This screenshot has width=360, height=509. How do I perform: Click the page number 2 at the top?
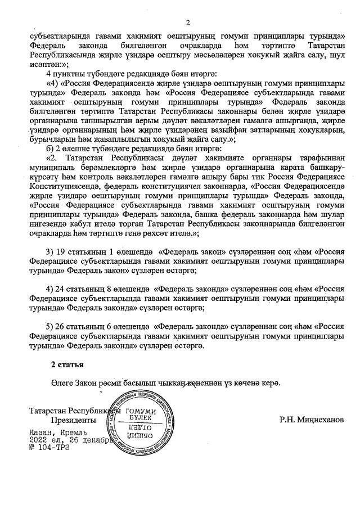[188, 22]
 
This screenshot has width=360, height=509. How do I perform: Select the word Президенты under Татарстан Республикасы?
[73, 420]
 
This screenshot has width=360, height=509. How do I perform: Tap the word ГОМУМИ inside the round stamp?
[141, 411]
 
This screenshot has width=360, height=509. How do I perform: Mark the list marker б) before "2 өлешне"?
[49, 148]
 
